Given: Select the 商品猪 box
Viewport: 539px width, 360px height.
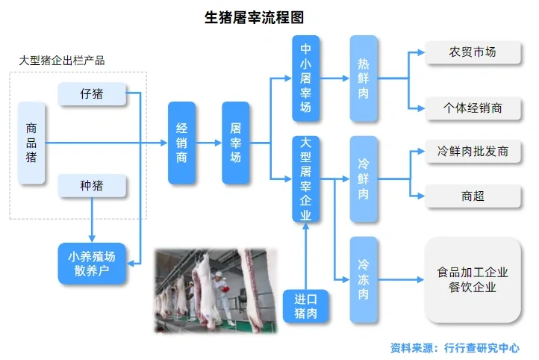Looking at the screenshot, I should click(31, 143).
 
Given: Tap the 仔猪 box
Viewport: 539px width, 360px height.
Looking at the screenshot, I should click(90, 95).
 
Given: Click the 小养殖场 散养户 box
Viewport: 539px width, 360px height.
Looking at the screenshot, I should click(92, 263).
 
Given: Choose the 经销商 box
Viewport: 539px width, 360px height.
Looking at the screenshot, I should click(181, 143).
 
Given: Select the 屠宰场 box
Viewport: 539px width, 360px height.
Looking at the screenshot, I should click(236, 143).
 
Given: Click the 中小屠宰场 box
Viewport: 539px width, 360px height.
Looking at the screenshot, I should click(305, 78).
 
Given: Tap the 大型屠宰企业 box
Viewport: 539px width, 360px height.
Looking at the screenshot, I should click(305, 179).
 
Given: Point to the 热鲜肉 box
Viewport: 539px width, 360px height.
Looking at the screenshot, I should click(364, 78).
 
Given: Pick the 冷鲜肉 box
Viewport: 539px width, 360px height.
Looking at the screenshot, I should click(364, 179).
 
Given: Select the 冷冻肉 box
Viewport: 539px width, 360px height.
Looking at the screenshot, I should click(364, 279).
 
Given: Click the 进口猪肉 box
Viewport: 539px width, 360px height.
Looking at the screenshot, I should click(305, 306).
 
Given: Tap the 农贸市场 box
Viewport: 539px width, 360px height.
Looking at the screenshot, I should click(473, 52).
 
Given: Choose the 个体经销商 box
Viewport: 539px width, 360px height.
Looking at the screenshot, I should click(473, 108).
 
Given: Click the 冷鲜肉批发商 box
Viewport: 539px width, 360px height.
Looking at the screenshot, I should click(473, 152).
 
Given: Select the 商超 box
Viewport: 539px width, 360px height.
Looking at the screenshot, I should click(473, 196).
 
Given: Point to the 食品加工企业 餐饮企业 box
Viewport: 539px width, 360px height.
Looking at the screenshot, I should click(473, 279).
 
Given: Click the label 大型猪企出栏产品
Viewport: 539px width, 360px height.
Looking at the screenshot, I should click(62, 60).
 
